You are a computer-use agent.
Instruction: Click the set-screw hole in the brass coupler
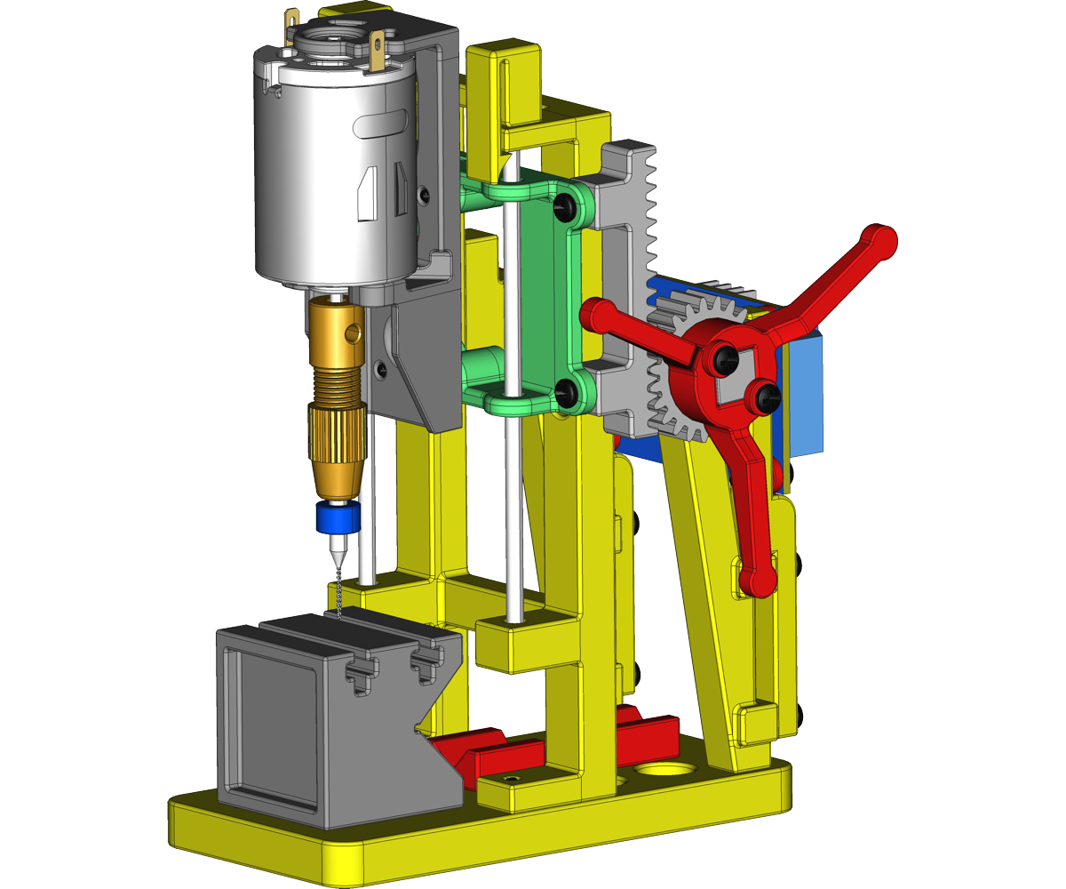point(354,334)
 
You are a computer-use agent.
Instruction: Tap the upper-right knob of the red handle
point(880,240)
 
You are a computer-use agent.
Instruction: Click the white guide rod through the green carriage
point(511,293)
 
